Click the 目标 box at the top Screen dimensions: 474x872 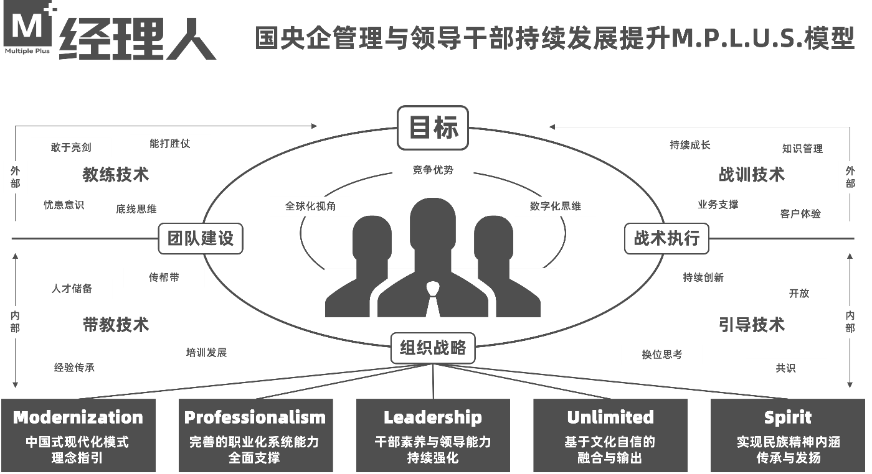pyautogui.click(x=433, y=128)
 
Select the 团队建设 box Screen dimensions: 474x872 pyautogui.click(x=201, y=238)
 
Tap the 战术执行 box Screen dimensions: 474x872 pyautogui.click(x=666, y=238)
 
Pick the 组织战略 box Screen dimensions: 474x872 pyautogui.click(x=433, y=348)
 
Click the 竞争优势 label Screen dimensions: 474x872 pyautogui.click(x=433, y=170)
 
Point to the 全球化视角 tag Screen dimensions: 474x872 pyautogui.click(x=311, y=206)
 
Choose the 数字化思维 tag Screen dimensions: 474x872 pyautogui.click(x=556, y=206)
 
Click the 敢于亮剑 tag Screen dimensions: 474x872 pyautogui.click(x=71, y=147)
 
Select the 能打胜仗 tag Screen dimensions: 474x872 pyautogui.click(x=169, y=144)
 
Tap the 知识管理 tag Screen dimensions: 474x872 pyautogui.click(x=802, y=149)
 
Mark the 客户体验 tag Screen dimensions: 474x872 pyautogui.click(x=800, y=213)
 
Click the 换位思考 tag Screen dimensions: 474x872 pyautogui.click(x=662, y=355)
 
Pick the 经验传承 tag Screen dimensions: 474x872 pyautogui.click(x=74, y=368)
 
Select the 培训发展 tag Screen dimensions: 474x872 pyautogui.click(x=206, y=353)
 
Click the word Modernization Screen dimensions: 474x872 pyautogui.click(x=78, y=417)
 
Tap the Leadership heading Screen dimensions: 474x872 pyautogui.click(x=433, y=417)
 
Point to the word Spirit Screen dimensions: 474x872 pyautogui.click(x=788, y=417)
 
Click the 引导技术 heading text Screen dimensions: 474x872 pyautogui.click(x=752, y=325)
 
